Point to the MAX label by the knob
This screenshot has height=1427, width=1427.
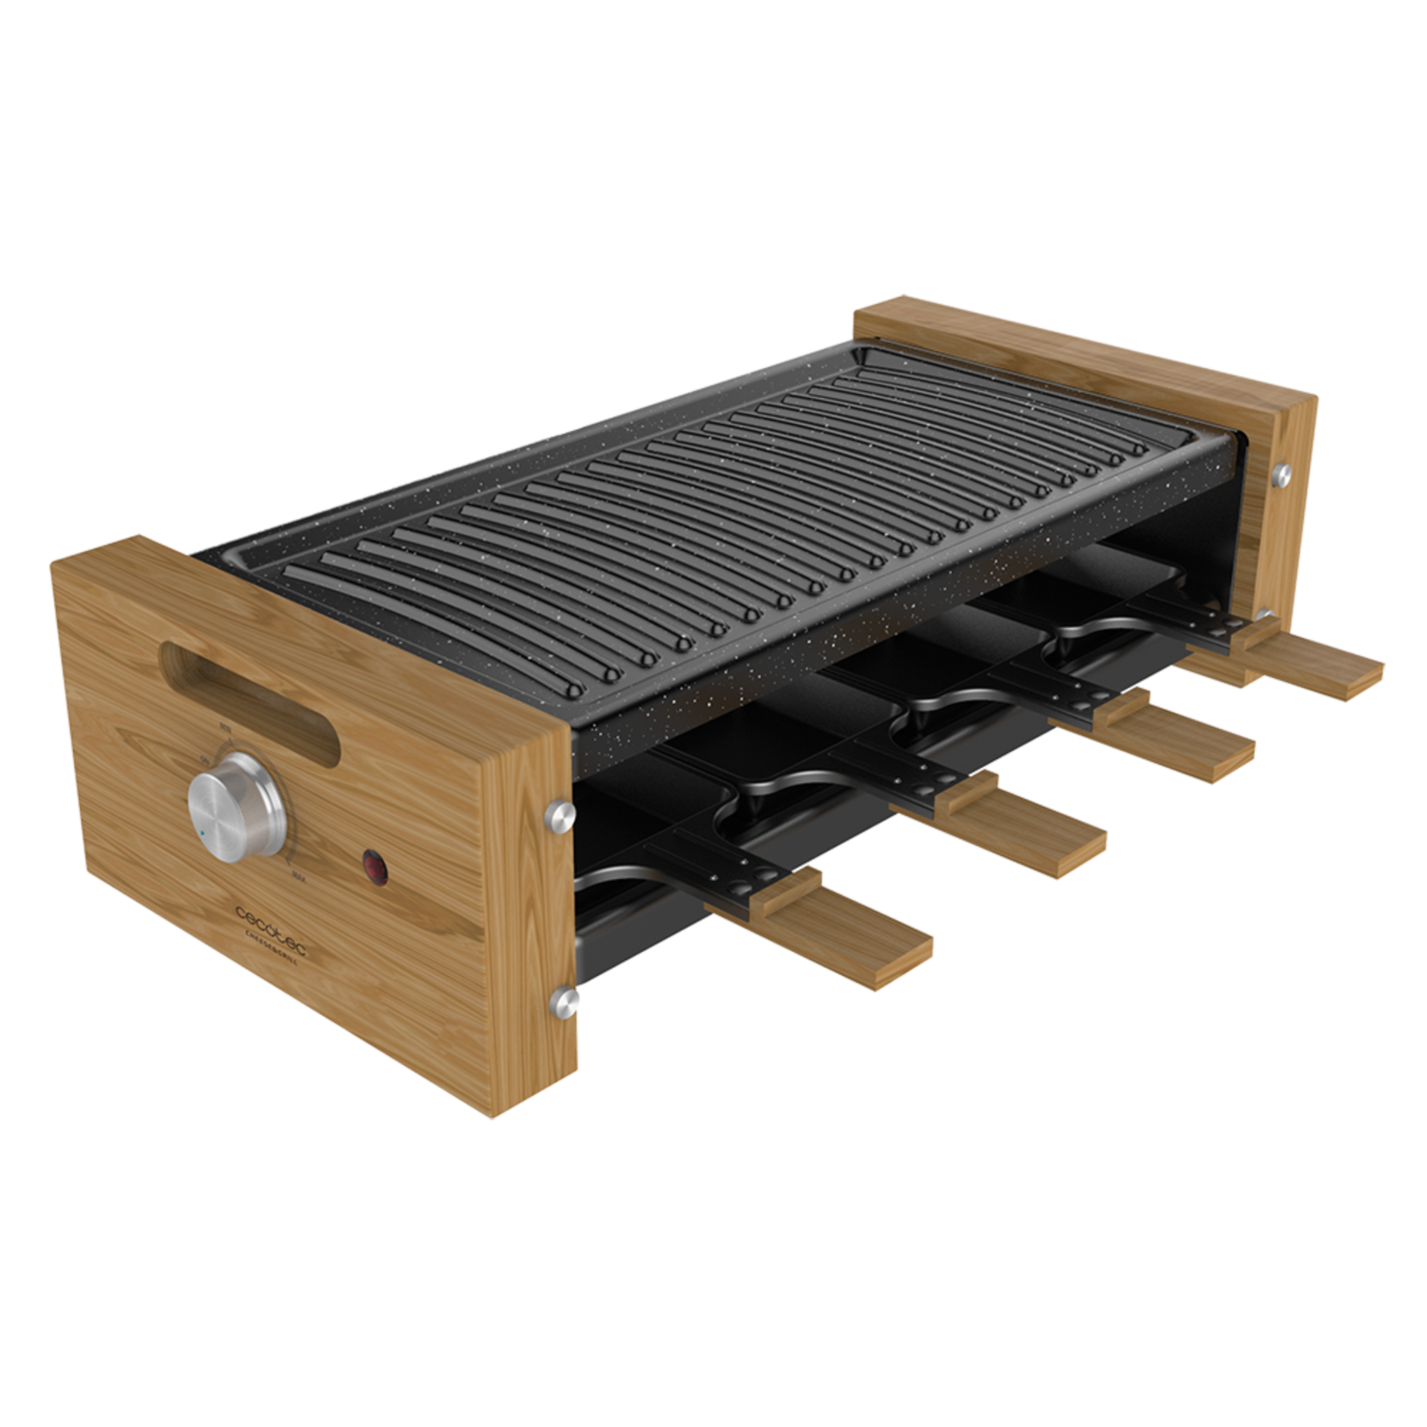pos(299,877)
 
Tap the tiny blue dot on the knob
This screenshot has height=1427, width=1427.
pos(201,834)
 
